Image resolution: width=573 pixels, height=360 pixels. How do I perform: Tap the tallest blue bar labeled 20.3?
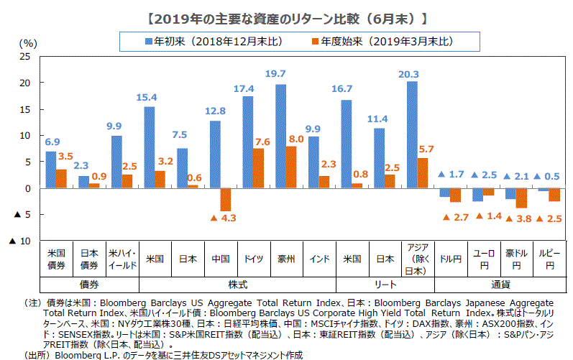pyautogui.click(x=412, y=134)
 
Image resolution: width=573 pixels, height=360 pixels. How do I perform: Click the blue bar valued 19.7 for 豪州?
pyautogui.click(x=280, y=137)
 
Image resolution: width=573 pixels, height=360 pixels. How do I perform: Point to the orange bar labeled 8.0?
pyautogui.click(x=291, y=167)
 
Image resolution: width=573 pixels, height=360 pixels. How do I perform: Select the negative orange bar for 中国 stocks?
pyautogui.click(x=225, y=199)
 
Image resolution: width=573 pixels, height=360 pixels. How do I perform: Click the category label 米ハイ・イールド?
pyautogui.click(x=122, y=259)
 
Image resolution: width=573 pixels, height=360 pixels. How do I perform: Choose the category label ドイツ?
pyautogui.click(x=253, y=259)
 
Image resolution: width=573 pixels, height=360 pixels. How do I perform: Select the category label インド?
pyautogui.click(x=319, y=259)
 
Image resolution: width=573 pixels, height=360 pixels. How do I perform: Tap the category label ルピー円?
pyautogui.click(x=550, y=259)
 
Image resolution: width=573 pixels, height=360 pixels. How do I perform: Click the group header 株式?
pyautogui.click(x=237, y=285)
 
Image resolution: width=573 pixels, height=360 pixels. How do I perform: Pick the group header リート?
pyautogui.click(x=385, y=285)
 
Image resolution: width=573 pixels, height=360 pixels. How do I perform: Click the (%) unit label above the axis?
pyautogui.click(x=27, y=42)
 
